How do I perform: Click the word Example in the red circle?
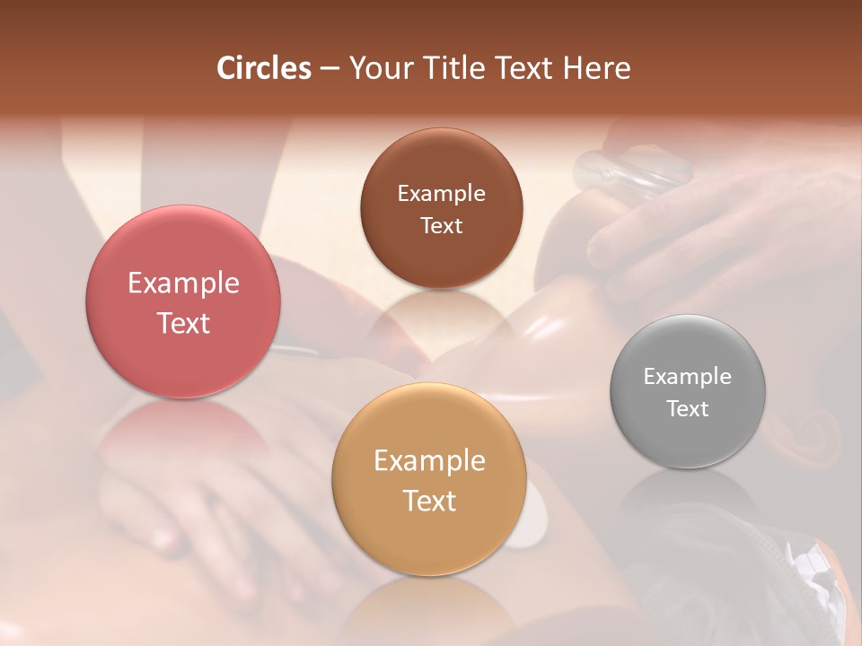(183, 284)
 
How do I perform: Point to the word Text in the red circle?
(183, 323)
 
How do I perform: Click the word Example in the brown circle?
(441, 194)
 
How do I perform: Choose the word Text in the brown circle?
(441, 226)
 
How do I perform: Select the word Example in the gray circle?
(688, 377)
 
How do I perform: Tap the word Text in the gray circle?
(688, 409)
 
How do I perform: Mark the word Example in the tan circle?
(429, 461)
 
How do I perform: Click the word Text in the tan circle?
(429, 501)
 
